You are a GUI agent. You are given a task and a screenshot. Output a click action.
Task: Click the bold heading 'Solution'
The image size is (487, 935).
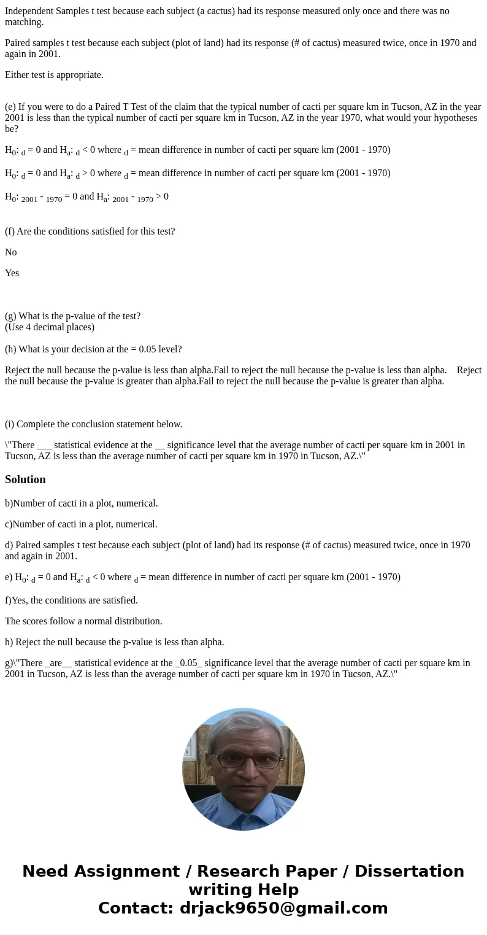tap(25, 479)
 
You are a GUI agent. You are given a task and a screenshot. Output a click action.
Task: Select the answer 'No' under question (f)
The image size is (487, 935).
tap(11, 252)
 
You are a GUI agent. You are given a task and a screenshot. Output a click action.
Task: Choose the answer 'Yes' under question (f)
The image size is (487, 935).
tap(12, 273)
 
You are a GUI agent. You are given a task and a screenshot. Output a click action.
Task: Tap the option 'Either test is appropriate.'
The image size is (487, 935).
tap(54, 75)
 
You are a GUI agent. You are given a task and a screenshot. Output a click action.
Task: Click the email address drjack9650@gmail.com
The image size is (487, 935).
tap(283, 908)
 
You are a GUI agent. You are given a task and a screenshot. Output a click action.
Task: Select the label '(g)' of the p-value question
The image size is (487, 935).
tap(10, 316)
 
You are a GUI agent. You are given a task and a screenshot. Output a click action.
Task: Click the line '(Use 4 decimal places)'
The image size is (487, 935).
tap(50, 327)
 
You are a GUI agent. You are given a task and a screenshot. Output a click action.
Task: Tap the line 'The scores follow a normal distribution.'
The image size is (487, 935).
tap(83, 621)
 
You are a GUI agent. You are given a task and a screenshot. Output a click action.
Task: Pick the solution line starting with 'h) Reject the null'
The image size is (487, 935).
tap(115, 642)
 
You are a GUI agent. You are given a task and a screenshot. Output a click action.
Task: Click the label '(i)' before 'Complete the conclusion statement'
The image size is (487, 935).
tap(10, 424)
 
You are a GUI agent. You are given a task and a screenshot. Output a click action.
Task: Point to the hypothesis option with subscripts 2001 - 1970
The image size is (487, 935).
tap(86, 197)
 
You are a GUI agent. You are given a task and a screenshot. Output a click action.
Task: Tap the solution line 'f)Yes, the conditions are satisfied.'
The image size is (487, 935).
tap(71, 600)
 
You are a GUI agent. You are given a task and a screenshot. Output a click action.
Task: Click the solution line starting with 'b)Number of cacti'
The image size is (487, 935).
tap(82, 503)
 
